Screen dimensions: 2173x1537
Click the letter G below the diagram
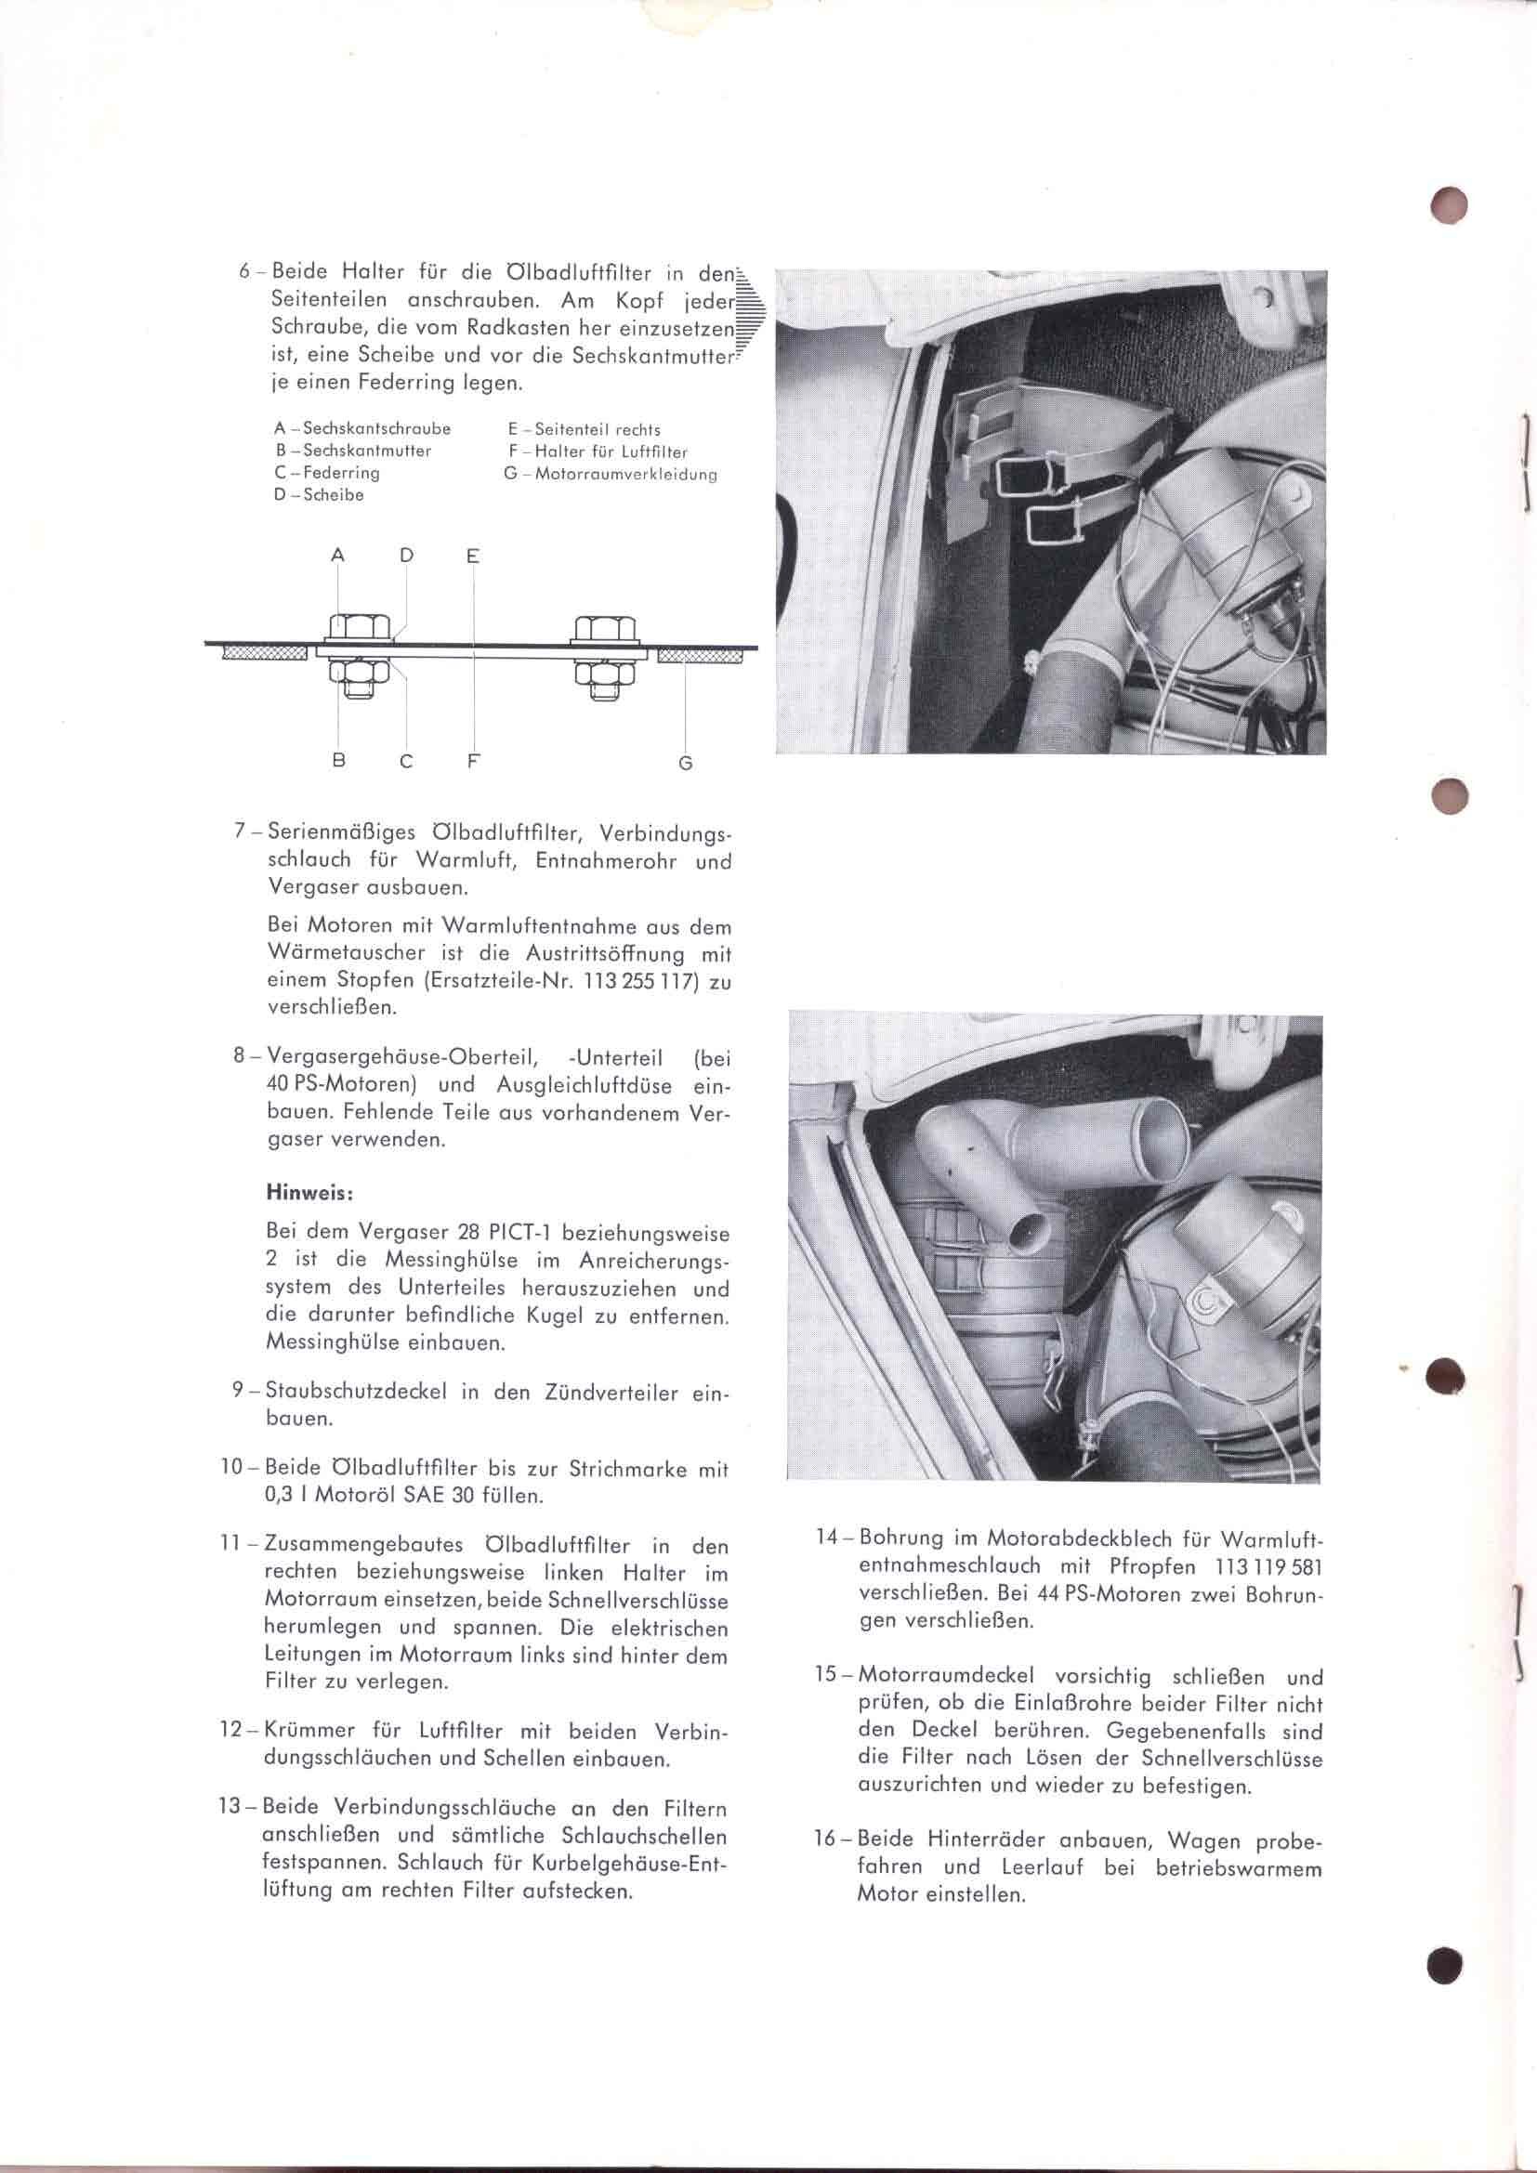[x=686, y=763]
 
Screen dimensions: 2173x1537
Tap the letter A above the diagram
[x=338, y=556]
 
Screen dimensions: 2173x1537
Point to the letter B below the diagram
[x=339, y=760]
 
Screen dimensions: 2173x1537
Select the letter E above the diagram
[x=473, y=556]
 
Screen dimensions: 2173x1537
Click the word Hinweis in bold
[x=310, y=1194]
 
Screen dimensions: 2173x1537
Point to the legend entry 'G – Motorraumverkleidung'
[x=610, y=474]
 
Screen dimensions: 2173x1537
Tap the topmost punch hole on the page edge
[x=1448, y=206]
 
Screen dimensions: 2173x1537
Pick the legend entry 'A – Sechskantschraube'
[x=362, y=428]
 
